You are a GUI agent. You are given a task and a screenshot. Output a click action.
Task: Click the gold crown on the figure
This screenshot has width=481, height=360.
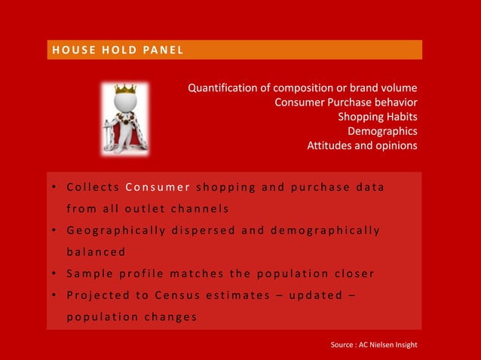[x=124, y=89]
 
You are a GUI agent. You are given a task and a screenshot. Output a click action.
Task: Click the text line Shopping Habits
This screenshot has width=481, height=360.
[x=377, y=117]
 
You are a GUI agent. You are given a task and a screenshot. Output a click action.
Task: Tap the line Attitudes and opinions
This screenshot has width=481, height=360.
[x=361, y=145]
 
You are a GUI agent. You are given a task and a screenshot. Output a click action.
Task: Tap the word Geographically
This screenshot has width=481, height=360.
[x=121, y=230]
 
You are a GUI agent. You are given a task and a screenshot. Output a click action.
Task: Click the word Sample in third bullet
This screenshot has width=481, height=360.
[x=86, y=273]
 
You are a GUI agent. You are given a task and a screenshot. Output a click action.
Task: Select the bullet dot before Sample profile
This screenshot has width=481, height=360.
[x=55, y=273]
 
